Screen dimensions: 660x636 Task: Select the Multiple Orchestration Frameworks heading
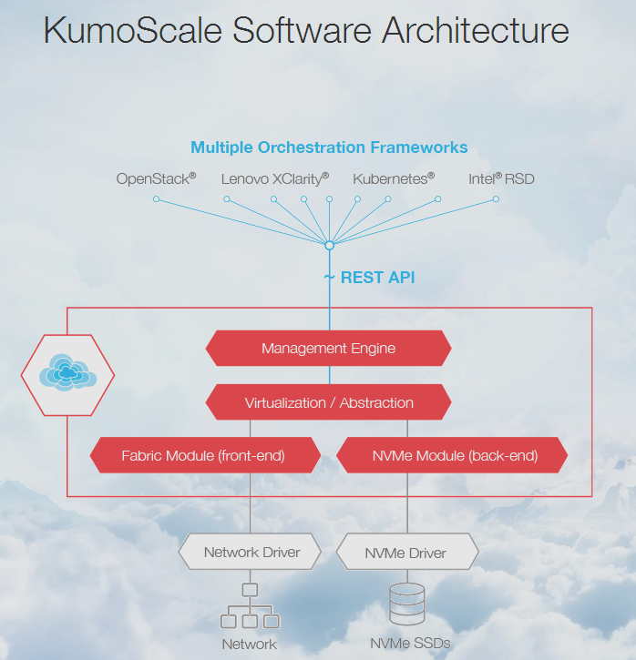click(329, 147)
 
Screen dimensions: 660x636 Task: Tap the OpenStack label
click(156, 178)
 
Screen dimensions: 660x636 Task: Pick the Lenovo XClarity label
click(274, 178)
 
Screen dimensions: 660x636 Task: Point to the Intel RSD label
click(501, 178)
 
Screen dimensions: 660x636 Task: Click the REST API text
click(377, 277)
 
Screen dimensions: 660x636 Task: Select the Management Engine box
click(328, 348)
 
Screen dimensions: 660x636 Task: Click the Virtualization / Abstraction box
click(328, 402)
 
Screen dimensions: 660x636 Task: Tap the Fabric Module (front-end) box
click(203, 455)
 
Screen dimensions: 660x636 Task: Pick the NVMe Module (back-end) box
click(454, 455)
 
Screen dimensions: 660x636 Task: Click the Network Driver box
click(251, 552)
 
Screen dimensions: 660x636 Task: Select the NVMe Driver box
click(405, 553)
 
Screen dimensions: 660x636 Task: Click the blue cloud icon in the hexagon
click(67, 373)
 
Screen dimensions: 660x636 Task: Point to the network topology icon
click(250, 606)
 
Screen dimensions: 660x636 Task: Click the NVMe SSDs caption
click(410, 643)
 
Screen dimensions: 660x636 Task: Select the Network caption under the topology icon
click(249, 644)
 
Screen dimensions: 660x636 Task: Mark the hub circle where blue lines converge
click(329, 245)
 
